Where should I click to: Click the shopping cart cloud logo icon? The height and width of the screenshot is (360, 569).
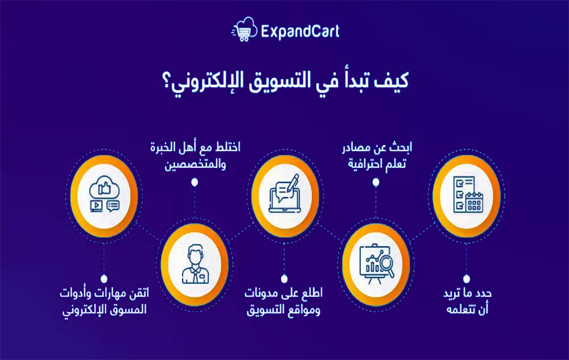(x=244, y=29)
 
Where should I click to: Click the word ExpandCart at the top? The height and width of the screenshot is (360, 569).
(x=300, y=31)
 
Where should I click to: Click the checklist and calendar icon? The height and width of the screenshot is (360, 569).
(x=468, y=194)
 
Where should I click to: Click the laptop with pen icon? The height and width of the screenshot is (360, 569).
(x=285, y=193)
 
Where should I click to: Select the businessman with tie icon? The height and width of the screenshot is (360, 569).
(x=195, y=264)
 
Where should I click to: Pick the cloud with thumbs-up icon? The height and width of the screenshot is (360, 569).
(x=104, y=194)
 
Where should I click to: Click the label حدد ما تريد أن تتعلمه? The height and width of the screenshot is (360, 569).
(x=467, y=301)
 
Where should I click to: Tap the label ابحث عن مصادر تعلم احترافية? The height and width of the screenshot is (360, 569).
(x=377, y=156)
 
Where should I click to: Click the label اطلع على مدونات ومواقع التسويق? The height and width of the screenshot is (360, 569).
(x=283, y=302)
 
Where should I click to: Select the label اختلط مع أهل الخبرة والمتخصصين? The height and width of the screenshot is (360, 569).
(x=195, y=156)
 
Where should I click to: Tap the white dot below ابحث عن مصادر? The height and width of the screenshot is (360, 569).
(x=376, y=182)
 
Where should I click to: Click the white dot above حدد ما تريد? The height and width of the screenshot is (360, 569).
(x=467, y=279)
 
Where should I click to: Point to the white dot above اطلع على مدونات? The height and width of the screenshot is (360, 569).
(x=284, y=279)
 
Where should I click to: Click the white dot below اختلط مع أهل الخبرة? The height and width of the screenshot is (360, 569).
(x=194, y=182)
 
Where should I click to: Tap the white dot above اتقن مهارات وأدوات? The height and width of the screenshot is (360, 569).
(x=104, y=279)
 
